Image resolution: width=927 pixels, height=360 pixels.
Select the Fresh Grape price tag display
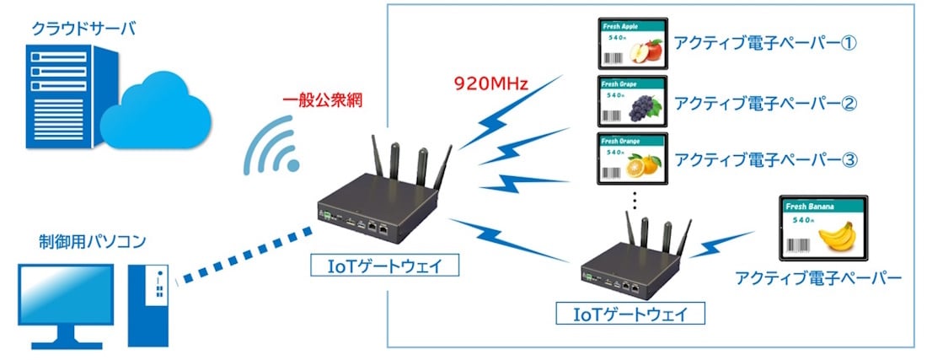[631, 101]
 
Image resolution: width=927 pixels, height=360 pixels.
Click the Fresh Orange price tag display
[631, 158]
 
